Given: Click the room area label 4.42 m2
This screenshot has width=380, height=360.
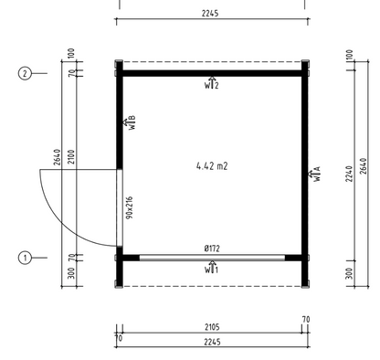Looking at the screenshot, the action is pos(212,166).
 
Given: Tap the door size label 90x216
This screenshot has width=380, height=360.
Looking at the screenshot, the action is pos(130,207).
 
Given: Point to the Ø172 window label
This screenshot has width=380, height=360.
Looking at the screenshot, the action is pos(212,249).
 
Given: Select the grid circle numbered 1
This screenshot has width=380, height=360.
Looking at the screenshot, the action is pos(25,258).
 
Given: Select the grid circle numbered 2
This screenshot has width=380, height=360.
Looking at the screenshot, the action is pos(25,73).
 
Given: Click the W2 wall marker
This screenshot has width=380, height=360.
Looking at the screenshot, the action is pos(212,83).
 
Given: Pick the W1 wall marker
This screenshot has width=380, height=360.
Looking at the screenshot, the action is pos(212,267).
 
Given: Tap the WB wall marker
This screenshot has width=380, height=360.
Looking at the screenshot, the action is pos(129,122).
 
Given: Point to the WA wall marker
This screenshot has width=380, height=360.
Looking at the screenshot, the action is pos(315,174).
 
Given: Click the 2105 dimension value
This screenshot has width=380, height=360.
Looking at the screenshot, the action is pos(212,327).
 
